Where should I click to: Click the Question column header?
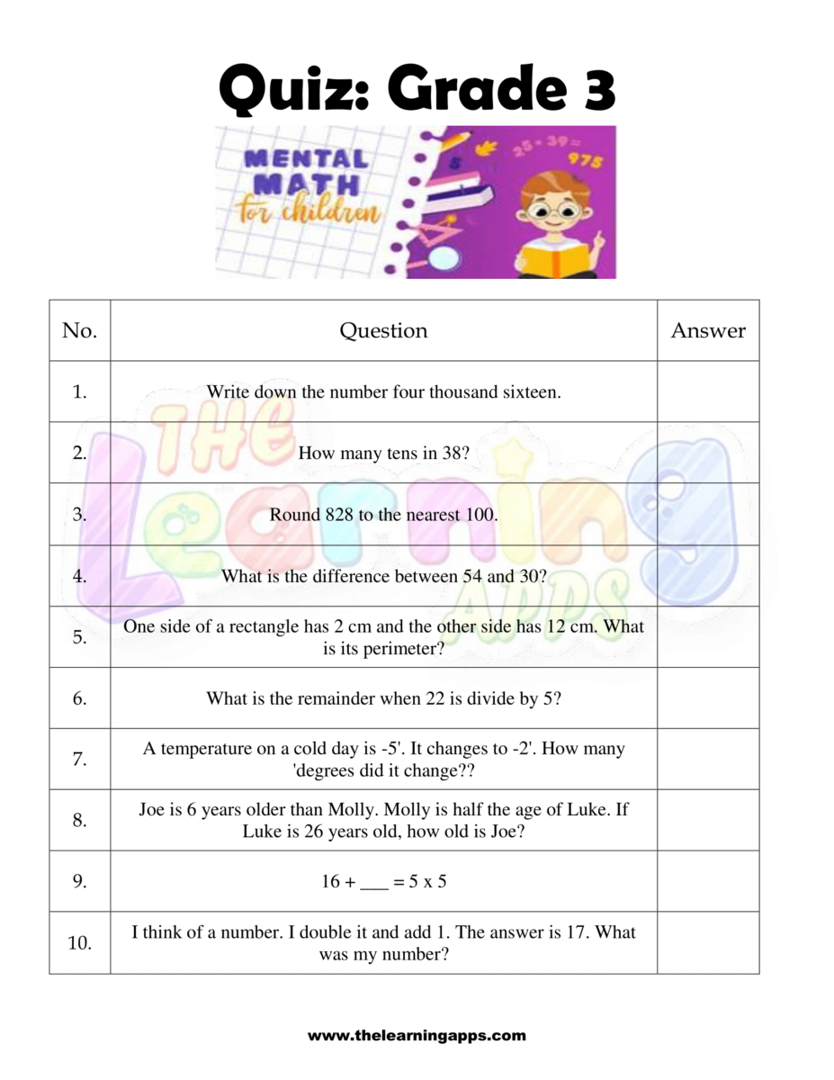pyautogui.click(x=383, y=331)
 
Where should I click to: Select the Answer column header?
pyautogui.click(x=708, y=331)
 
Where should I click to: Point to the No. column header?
pyautogui.click(x=79, y=331)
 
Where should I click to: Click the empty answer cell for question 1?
pyautogui.click(x=708, y=391)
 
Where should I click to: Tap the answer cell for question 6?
pyautogui.click(x=708, y=698)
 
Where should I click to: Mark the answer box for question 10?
pyautogui.click(x=708, y=943)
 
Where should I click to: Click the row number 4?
pyautogui.click(x=80, y=576)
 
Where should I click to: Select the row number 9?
pyautogui.click(x=80, y=882)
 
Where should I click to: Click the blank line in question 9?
pyautogui.click(x=373, y=883)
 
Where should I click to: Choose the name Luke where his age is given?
pyautogui.click(x=265, y=832)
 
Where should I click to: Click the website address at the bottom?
pyautogui.click(x=417, y=1035)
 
